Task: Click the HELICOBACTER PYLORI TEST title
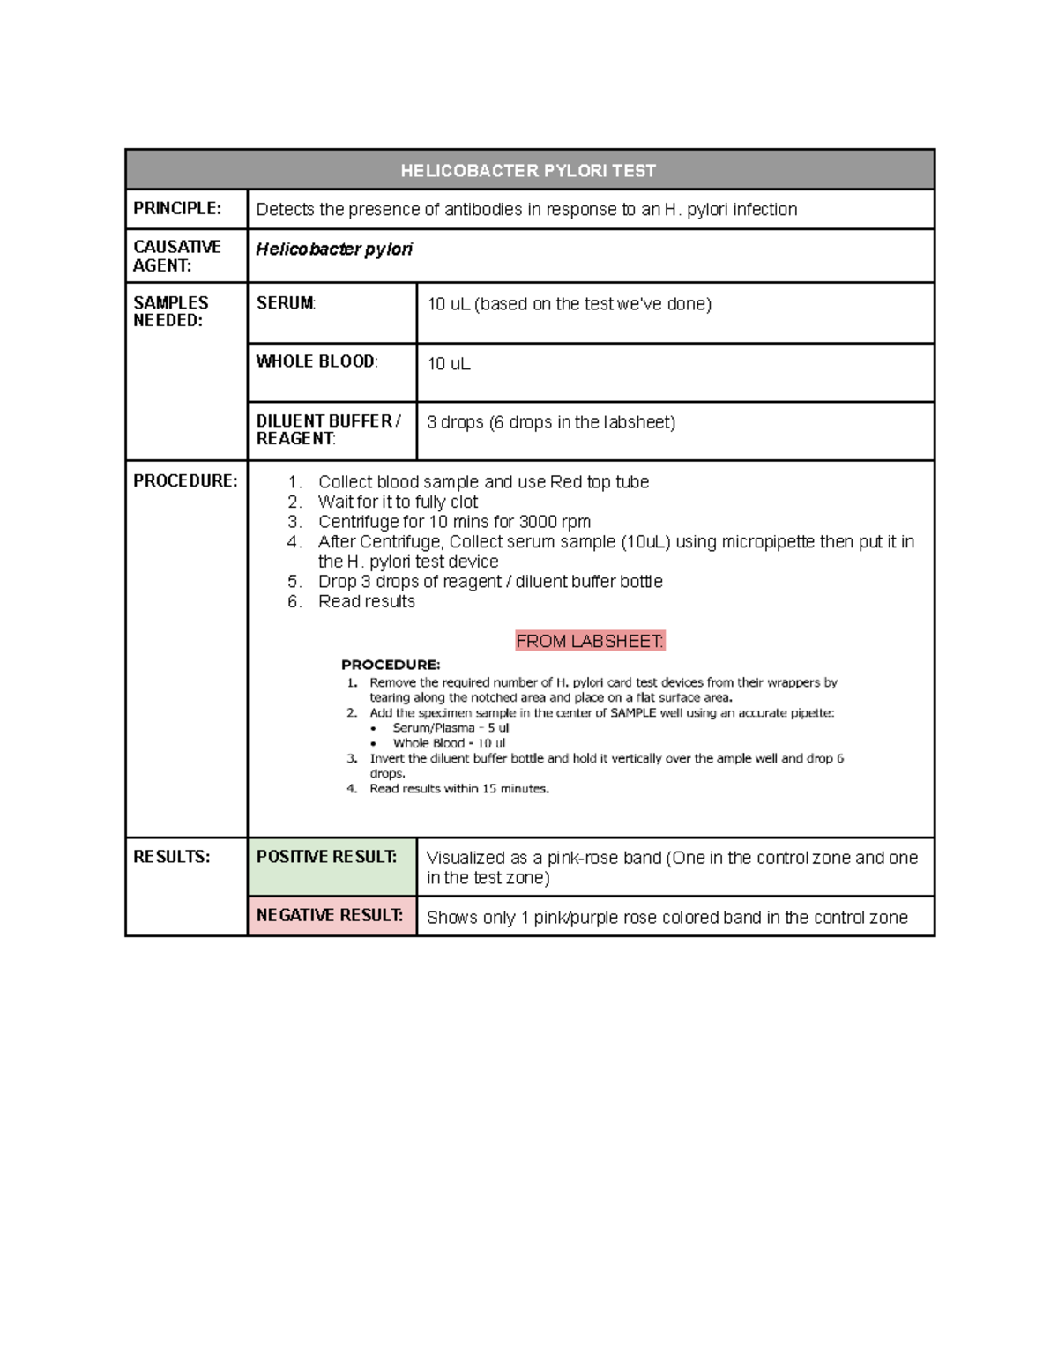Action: [x=528, y=170]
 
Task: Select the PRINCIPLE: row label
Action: [x=176, y=208]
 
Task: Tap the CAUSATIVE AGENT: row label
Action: [x=176, y=256]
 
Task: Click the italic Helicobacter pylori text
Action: [x=334, y=249]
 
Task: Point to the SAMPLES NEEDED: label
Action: [x=170, y=311]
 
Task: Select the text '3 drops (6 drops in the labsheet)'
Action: [x=551, y=422]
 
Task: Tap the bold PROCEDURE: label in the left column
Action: [x=185, y=480]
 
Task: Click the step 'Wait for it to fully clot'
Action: [x=398, y=502]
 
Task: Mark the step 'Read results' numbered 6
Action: [x=366, y=601]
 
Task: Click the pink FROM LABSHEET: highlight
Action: [x=590, y=641]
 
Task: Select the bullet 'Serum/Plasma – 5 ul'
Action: [x=451, y=728]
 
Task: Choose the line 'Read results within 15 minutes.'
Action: [x=458, y=789]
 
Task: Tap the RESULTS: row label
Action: [x=171, y=856]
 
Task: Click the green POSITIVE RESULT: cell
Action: [x=332, y=866]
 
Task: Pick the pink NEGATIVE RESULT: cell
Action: [x=332, y=915]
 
